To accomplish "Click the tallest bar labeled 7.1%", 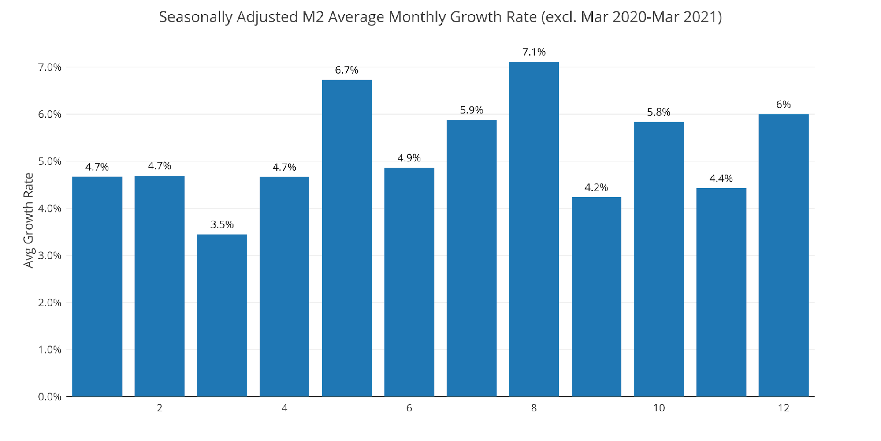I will click(x=534, y=229).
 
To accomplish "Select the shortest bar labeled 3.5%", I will click(x=222, y=315).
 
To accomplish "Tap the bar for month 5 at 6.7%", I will click(x=346, y=238).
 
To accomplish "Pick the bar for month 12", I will click(x=783, y=256).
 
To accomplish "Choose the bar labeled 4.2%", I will click(x=596, y=297).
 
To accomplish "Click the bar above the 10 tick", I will click(x=658, y=259).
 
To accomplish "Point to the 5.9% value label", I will click(x=471, y=110).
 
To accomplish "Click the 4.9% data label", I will click(x=409, y=158).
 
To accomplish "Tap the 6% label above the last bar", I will click(x=783, y=105).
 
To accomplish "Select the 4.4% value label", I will click(x=721, y=179).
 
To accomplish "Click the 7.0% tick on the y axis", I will click(x=49, y=67).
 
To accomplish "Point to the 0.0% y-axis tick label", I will click(x=49, y=397).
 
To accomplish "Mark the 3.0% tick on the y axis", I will click(x=49, y=256).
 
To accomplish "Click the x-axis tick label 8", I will click(x=534, y=408).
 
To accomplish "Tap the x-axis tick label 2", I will click(x=160, y=408).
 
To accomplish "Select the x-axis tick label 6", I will click(x=409, y=408).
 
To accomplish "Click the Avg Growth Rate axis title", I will click(x=28, y=220).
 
